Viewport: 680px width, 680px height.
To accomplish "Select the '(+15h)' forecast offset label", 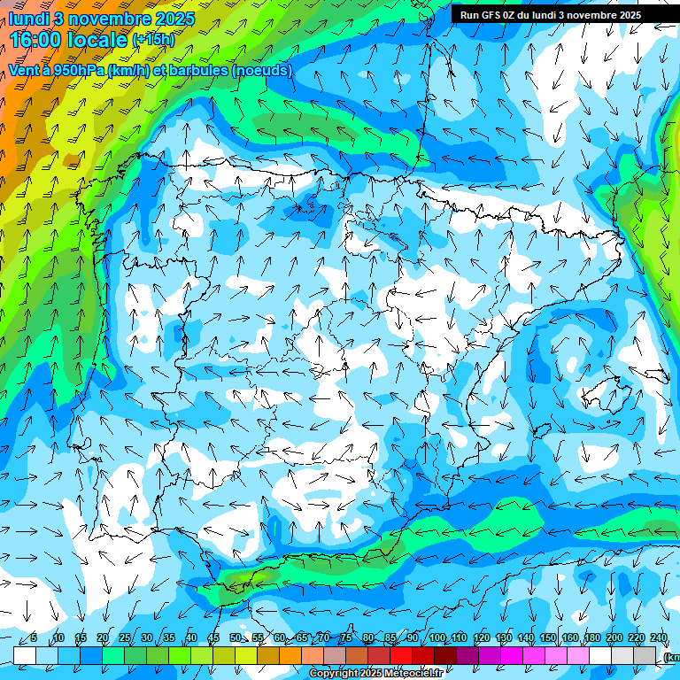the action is click(x=153, y=39).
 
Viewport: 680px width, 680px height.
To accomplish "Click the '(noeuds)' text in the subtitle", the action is click(x=261, y=70).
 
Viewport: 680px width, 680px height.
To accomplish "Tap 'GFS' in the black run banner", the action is click(x=493, y=15).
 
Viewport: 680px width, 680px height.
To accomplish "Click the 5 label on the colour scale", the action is click(x=34, y=637).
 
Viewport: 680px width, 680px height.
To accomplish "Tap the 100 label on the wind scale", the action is click(x=437, y=637).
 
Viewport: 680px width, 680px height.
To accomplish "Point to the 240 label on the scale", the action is click(x=659, y=637).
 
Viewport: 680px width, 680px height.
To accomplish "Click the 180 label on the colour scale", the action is click(x=591, y=637).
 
